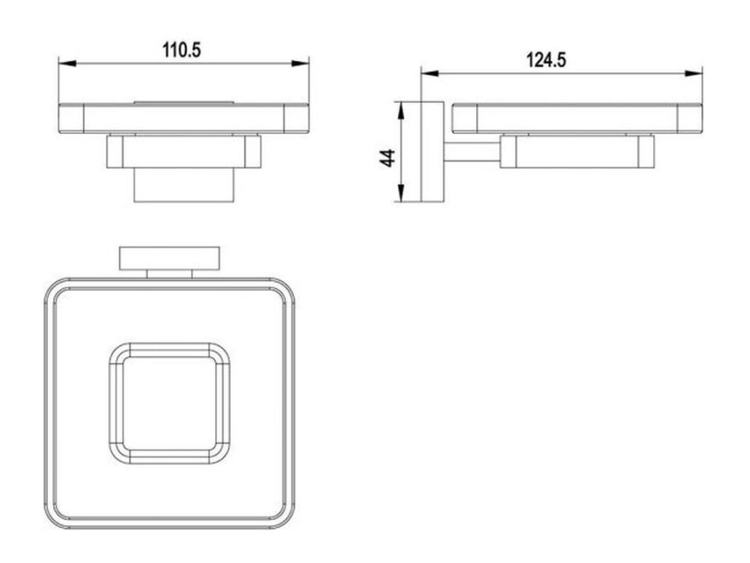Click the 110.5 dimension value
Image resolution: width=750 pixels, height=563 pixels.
[x=181, y=50]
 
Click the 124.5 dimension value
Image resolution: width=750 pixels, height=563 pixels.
[x=546, y=61]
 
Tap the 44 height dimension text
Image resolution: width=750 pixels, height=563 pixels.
[x=388, y=158]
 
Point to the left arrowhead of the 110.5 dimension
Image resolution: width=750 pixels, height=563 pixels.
[x=68, y=63]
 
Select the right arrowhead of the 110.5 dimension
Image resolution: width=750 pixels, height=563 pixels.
[x=300, y=63]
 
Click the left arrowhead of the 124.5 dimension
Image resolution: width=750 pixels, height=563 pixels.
[x=429, y=73]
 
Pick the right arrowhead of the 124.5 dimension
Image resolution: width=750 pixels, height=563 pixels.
[x=694, y=73]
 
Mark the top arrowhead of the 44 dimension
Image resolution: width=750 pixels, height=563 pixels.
[x=402, y=111]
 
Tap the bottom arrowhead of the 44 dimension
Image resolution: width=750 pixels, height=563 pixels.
[x=402, y=193]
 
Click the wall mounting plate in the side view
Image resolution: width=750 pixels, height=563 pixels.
[x=432, y=152]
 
